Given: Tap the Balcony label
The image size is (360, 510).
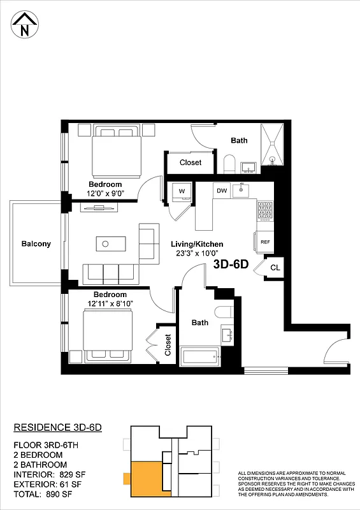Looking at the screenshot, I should click(36, 244).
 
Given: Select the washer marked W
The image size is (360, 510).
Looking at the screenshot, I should click(182, 191).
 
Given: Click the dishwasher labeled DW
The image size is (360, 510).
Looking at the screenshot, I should click(222, 190).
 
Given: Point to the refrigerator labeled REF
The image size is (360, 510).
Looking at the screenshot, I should click(265, 242).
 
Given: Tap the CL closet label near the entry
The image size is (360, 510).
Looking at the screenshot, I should click(275, 268).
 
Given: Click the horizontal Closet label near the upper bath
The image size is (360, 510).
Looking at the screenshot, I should click(190, 163).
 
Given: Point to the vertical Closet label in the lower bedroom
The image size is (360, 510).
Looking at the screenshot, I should click(168, 345).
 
